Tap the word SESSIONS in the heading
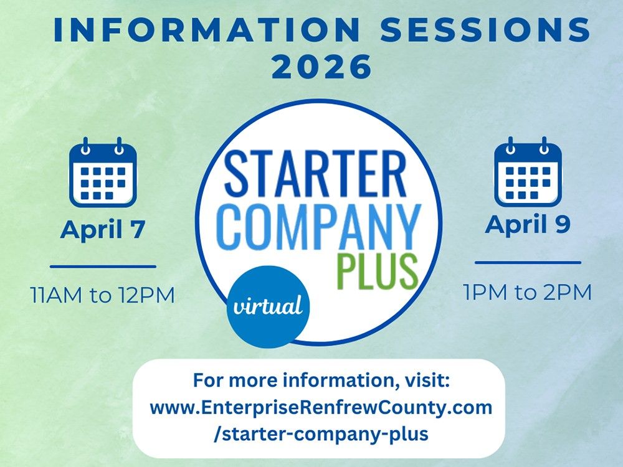[485, 30]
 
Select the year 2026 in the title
[322, 67]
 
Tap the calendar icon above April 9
[528, 172]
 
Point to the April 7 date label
[103, 230]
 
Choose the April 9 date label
[528, 225]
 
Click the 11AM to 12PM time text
[103, 294]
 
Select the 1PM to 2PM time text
[528, 291]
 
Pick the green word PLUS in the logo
[376, 270]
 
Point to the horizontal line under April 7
[103, 267]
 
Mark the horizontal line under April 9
[528, 262]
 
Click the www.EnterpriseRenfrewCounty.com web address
[321, 408]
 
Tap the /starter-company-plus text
[321, 434]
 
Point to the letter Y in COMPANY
[405, 225]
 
